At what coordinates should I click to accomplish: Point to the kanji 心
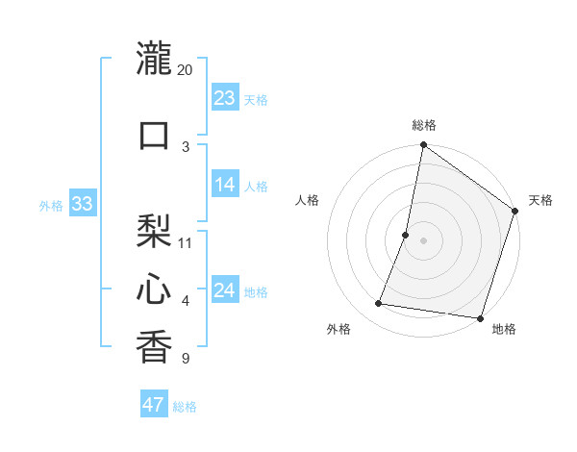(154, 288)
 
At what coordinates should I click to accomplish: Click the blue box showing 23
(225, 98)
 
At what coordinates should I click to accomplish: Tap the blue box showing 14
(225, 186)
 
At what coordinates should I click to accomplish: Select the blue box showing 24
(225, 290)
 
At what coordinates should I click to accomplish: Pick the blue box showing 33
(82, 204)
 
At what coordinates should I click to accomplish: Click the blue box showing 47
(154, 405)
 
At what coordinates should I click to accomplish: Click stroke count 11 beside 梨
(186, 242)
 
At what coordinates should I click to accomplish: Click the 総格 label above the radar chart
(424, 125)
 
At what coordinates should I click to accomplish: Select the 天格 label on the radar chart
(540, 200)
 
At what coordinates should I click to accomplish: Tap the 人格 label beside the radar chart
(308, 200)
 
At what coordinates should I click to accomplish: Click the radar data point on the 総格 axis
(423, 146)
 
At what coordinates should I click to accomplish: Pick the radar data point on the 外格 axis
(379, 304)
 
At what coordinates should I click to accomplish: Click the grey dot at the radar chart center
(423, 240)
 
